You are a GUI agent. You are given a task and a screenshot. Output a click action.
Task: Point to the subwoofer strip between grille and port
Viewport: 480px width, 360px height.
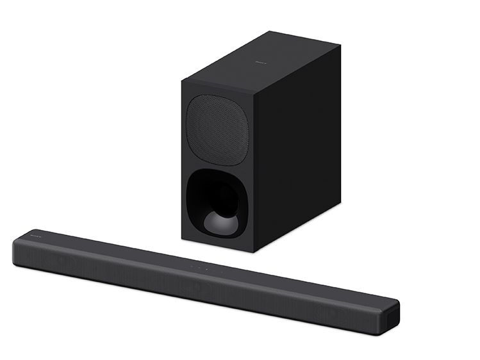(215, 165)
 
